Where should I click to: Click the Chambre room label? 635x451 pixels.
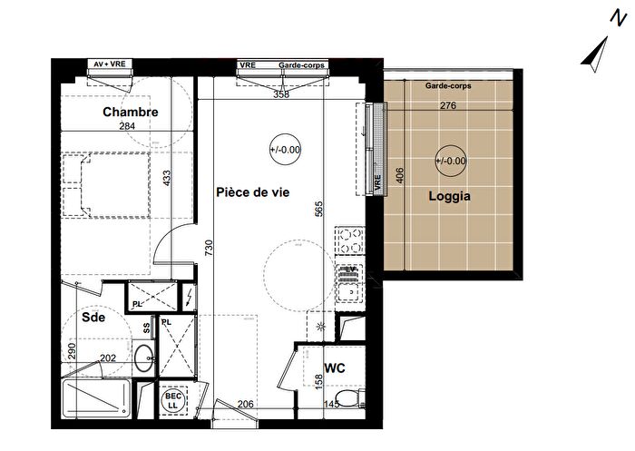pos(130,113)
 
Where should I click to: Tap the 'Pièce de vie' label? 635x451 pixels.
pos(252,191)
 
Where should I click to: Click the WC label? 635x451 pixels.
pos(334,368)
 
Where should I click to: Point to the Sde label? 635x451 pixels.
pos(93,319)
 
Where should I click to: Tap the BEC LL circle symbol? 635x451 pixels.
pos(172,399)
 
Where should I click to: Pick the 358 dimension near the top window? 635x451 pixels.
pos(282,93)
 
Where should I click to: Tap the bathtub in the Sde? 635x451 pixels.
pos(95,397)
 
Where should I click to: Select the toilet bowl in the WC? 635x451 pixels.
pos(358,397)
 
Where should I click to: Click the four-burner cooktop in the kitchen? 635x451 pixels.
pos(349,241)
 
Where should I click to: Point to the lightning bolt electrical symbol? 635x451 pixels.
pos(188,297)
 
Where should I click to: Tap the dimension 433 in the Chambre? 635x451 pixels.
pos(166,179)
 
